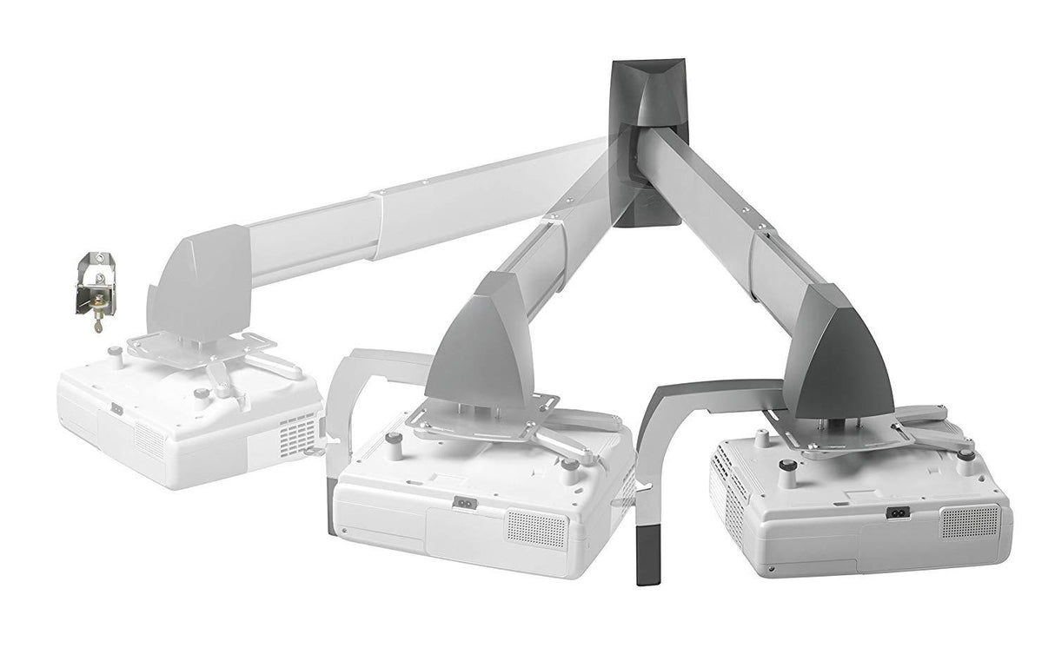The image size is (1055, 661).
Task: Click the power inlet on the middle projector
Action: pos(466,502)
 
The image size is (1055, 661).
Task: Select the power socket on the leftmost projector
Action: pos(116,408)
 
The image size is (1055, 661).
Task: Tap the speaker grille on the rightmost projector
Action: pos(970,521)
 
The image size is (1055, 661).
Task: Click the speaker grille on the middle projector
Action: pos(536,529)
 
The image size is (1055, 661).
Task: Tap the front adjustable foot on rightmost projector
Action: pos(786,473)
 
